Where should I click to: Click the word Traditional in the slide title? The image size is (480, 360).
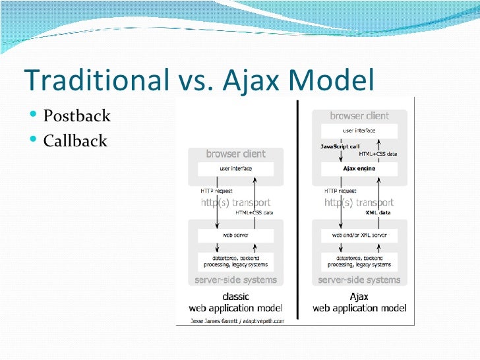click(x=96, y=80)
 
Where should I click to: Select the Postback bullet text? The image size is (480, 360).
click(x=76, y=117)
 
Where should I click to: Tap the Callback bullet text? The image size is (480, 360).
click(x=75, y=140)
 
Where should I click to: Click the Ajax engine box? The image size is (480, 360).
click(x=359, y=168)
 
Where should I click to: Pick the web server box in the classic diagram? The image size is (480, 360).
click(x=235, y=234)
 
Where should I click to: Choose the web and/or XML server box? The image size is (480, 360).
click(x=359, y=234)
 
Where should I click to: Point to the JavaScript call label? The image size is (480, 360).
click(x=340, y=146)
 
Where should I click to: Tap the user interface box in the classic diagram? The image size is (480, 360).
click(x=235, y=169)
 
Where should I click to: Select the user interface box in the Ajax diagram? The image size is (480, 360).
click(x=359, y=131)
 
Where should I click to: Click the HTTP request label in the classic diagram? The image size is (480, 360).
click(x=217, y=191)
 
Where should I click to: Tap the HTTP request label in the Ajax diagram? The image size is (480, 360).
click(x=340, y=191)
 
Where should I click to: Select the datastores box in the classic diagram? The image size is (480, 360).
click(x=235, y=260)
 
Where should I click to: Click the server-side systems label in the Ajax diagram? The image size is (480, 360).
click(x=359, y=280)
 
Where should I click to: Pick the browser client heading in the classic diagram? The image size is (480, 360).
click(x=235, y=154)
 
